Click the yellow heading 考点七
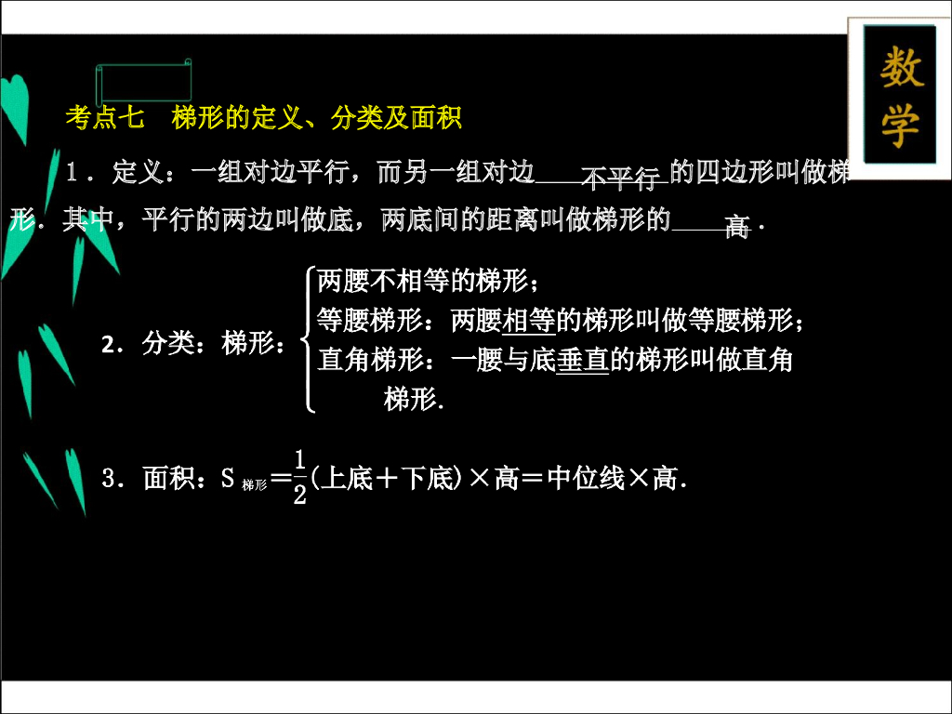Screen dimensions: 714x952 pos(105,118)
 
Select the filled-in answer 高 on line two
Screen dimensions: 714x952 pos(736,227)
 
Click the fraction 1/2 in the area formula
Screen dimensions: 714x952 pos(299,477)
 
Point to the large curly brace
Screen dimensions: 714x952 pos(307,340)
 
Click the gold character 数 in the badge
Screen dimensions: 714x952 pos(901,69)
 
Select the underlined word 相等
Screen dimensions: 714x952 pos(529,321)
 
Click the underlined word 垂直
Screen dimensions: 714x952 pos(582,361)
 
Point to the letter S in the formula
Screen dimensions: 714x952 pos(228,479)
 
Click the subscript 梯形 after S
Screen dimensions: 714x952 pos(254,484)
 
